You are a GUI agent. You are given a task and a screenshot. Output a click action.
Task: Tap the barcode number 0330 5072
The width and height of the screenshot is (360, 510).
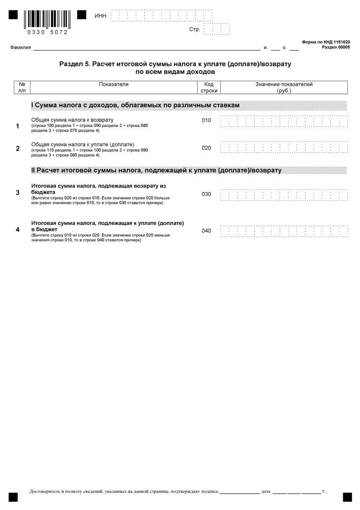tap(47, 32)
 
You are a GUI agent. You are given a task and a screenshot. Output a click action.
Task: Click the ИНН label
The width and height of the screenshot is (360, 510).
tap(100, 16)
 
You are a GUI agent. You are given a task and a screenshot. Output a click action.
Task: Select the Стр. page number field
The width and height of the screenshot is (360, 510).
tap(216, 29)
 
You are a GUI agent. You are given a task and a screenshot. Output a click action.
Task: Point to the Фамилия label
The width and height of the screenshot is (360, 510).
tap(20, 48)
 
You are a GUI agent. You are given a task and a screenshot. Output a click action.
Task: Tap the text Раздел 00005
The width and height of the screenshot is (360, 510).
tap(336, 47)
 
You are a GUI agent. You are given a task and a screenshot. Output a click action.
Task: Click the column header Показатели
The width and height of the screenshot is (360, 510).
tap(114, 84)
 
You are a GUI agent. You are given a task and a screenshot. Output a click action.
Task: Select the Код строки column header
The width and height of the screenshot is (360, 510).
tap(209, 88)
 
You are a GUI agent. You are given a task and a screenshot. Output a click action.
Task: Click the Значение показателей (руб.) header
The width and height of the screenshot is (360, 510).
tap(284, 88)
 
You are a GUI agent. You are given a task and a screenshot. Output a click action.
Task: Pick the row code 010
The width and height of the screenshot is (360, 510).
tap(206, 121)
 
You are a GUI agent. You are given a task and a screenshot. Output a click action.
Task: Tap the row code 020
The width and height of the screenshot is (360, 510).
tap(206, 148)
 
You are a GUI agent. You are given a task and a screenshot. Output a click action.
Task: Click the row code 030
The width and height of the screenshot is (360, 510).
tap(206, 194)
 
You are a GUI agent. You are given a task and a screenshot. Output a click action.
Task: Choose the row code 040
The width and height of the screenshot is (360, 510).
tap(206, 230)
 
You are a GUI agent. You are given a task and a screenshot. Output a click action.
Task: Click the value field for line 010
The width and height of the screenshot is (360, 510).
tap(284, 121)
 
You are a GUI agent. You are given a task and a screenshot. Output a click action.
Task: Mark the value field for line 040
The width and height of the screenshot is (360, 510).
tap(284, 231)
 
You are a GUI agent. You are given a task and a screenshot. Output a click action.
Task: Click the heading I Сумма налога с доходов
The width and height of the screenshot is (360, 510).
tap(135, 106)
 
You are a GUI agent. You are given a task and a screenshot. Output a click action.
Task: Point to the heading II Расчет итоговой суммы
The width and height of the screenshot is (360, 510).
tap(156, 170)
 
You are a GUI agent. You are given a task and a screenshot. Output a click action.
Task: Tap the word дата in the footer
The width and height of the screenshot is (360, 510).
tap(266, 491)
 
